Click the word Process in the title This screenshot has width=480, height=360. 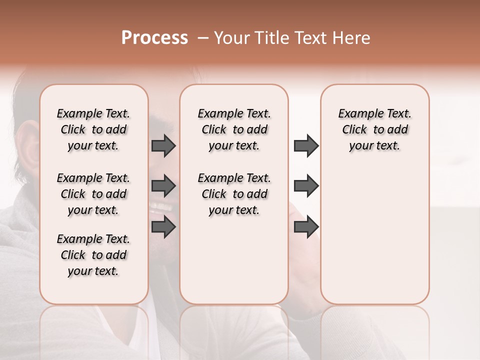point(154,38)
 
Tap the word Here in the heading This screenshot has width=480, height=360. point(352,38)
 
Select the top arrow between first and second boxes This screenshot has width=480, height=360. point(163,145)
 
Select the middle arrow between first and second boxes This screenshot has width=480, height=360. point(163,186)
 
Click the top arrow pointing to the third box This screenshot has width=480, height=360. point(306,145)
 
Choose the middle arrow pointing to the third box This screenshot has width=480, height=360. point(306,186)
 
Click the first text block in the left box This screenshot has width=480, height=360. point(93,129)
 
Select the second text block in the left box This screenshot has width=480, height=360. point(93,194)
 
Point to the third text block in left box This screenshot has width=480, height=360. point(93,255)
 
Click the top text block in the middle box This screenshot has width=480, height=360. point(234,129)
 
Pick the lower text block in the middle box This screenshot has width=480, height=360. point(234,194)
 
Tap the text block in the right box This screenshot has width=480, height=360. point(374,129)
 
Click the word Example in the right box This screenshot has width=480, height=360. point(357,114)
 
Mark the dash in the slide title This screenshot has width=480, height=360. point(203,38)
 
